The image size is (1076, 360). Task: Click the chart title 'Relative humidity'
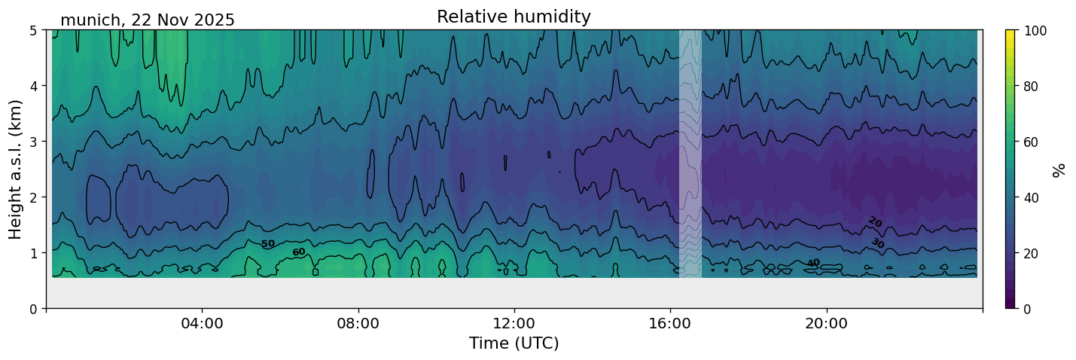[514, 17]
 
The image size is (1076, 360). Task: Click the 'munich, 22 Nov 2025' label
[148, 20]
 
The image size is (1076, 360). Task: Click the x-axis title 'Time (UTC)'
[514, 343]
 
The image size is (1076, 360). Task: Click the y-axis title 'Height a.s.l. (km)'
[16, 169]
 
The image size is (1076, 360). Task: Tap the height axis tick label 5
[34, 31]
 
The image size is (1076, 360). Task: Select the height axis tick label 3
[34, 142]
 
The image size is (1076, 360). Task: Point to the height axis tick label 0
[34, 309]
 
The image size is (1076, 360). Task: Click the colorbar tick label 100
[1035, 31]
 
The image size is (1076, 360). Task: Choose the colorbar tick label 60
[1032, 142]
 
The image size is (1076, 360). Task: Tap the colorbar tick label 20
[1032, 253]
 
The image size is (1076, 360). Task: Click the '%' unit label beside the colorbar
[1059, 169]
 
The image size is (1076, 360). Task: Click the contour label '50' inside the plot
[268, 244]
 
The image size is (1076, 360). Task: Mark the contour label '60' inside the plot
[299, 252]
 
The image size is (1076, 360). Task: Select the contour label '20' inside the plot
[874, 221]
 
